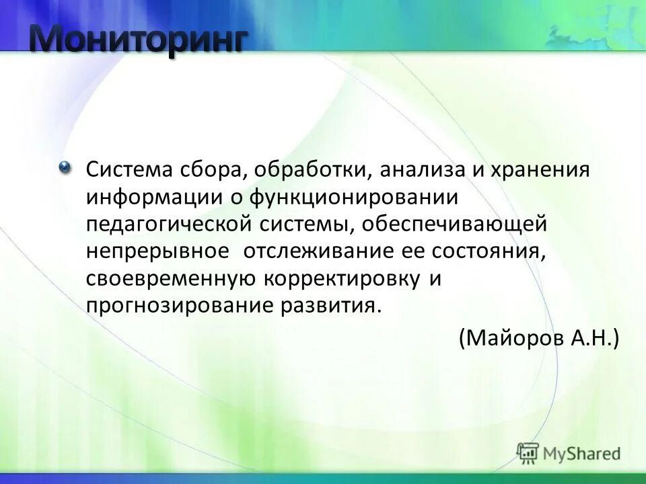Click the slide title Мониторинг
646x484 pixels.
(x=137, y=41)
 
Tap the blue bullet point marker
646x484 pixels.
(x=65, y=167)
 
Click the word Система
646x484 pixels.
(x=128, y=169)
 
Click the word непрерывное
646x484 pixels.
(x=159, y=251)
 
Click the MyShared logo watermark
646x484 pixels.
(x=569, y=452)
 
